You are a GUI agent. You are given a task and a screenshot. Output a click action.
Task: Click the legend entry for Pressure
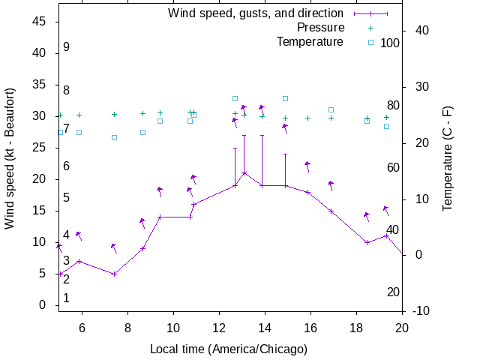[320, 27]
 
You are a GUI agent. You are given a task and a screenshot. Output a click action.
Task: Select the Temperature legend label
[310, 41]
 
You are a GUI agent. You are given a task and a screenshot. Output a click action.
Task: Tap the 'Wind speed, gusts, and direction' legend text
[256, 13]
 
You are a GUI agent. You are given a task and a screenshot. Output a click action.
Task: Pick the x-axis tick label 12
[219, 327]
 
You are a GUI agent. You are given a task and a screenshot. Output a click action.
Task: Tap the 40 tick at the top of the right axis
[421, 30]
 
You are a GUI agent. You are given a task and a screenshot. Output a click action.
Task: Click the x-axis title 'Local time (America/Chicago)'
[229, 349]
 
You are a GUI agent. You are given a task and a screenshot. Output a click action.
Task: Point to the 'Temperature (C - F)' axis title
[448, 157]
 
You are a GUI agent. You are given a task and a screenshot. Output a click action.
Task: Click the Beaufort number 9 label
[66, 46]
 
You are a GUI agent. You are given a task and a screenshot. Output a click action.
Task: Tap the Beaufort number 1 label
[66, 298]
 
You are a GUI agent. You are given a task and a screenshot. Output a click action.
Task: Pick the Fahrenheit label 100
[390, 43]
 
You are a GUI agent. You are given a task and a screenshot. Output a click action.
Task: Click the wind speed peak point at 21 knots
[244, 173]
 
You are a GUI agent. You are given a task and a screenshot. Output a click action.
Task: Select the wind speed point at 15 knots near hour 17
[331, 211]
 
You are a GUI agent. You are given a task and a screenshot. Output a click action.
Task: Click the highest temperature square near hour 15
[285, 98]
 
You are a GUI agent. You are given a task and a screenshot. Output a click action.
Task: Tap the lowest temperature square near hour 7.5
[114, 137]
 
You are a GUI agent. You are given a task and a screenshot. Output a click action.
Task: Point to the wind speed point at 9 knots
[143, 248]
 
